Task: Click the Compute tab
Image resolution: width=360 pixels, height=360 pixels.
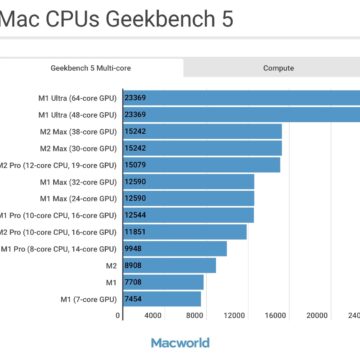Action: coord(278,68)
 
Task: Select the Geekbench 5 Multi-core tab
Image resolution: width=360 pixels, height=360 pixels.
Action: coord(91,68)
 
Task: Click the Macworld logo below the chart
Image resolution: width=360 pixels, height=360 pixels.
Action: coord(180,342)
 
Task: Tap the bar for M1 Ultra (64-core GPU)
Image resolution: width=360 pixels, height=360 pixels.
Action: coord(240,98)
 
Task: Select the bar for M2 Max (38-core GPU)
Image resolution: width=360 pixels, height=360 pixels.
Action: coord(200,131)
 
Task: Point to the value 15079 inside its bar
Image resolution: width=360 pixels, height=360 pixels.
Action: coord(136,165)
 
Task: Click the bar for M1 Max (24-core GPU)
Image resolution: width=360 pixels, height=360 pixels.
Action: coord(186,199)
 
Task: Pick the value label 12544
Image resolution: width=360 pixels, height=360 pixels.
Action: coord(136,215)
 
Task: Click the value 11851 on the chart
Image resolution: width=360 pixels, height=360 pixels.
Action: coord(136,232)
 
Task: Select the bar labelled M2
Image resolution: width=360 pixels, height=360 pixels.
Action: coord(166,266)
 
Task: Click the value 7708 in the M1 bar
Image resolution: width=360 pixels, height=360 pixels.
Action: coord(134,283)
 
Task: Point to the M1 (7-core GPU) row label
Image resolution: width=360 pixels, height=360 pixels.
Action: coord(88,299)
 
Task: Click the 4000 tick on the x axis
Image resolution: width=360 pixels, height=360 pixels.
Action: coord(153,315)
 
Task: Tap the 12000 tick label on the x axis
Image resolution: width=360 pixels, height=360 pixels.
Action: coord(234,315)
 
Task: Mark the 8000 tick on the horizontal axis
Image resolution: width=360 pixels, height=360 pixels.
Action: coord(194,315)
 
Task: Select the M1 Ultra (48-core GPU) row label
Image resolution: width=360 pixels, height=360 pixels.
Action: coord(76,115)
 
